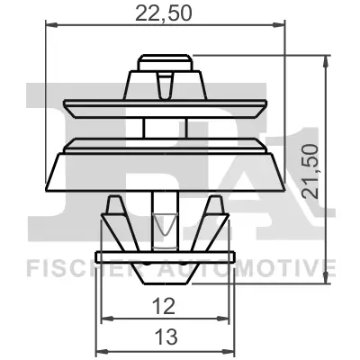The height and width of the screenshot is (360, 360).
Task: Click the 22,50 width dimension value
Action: (x=165, y=13)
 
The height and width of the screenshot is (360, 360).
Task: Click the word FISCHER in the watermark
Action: (x=63, y=266)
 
